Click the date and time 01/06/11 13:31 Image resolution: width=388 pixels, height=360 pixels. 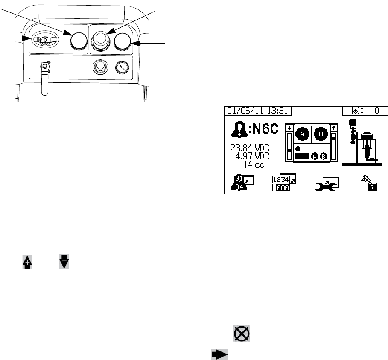click(257, 111)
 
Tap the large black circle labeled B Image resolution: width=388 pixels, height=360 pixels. click(321, 133)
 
